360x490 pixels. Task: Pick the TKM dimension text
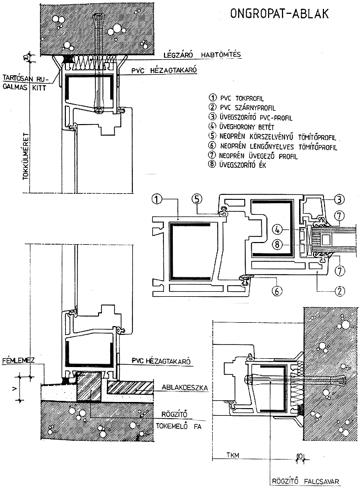pyautogui.click(x=235, y=456)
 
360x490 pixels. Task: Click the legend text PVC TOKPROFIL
pyautogui.click(x=240, y=97)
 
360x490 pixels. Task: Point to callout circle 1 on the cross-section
pyautogui.click(x=157, y=198)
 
